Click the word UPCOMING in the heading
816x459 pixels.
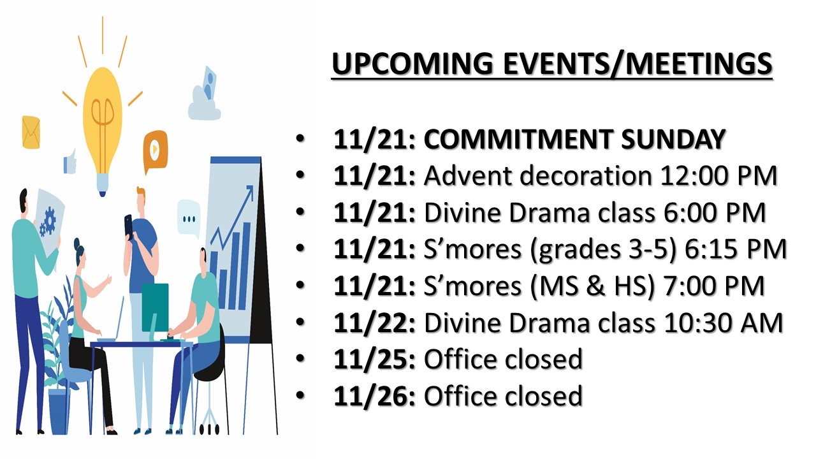(412, 63)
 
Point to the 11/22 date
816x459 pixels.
(374, 323)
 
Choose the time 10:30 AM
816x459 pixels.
(724, 323)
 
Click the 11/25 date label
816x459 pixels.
(374, 360)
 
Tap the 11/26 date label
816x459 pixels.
(374, 397)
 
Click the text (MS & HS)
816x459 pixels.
(592, 287)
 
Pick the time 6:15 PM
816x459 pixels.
(736, 249)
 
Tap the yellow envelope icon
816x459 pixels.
(31, 132)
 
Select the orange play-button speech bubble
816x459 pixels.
(155, 151)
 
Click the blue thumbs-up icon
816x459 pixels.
(70, 162)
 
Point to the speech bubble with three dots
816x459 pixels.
(189, 218)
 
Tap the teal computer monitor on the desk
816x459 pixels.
(155, 308)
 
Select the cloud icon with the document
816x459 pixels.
(204, 96)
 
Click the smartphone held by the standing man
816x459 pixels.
(129, 226)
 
